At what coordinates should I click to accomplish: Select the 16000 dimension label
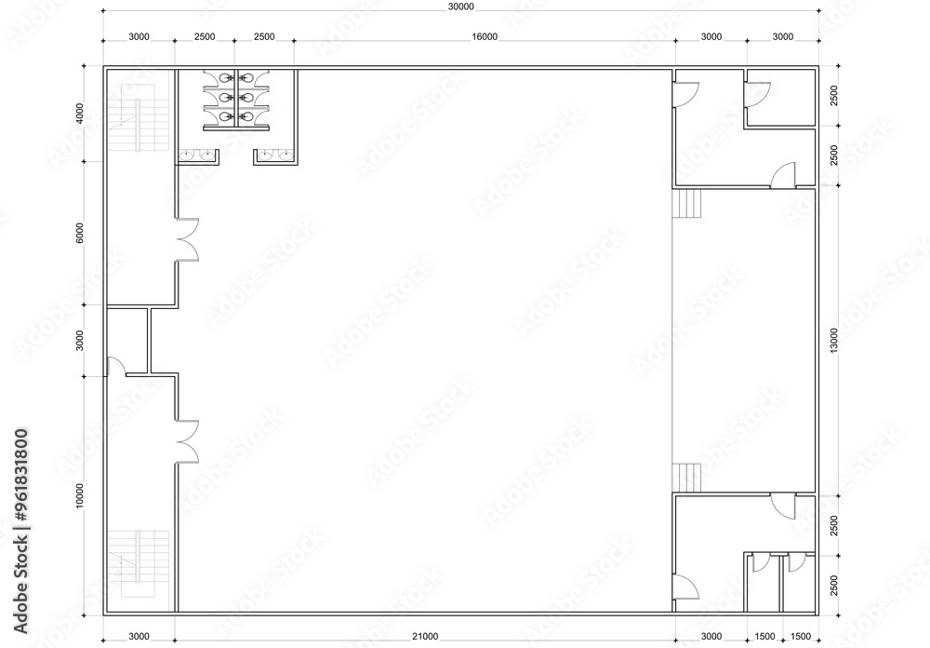coord(485,36)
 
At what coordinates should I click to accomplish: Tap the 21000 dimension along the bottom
coord(425,636)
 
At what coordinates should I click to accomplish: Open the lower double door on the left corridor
coord(188,440)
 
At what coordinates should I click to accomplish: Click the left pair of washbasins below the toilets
coord(198,155)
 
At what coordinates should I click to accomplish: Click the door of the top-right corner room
coord(759,91)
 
